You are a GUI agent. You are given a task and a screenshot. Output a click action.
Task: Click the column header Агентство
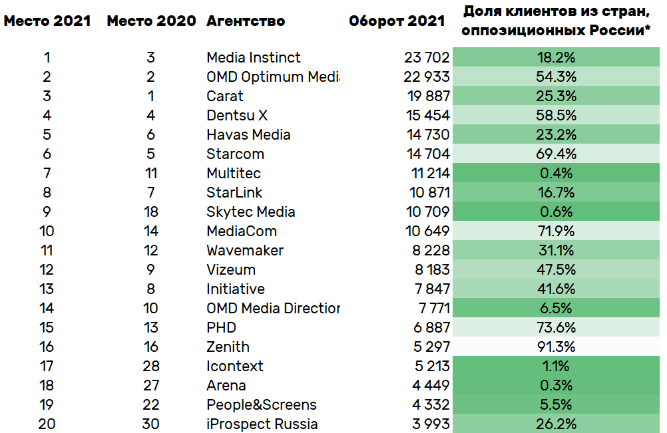246,21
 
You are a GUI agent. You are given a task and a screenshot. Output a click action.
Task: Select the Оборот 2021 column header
397,21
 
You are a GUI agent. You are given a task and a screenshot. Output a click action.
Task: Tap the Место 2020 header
151,21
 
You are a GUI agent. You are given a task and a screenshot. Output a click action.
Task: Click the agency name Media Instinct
254,58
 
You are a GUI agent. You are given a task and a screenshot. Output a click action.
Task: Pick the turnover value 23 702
427,58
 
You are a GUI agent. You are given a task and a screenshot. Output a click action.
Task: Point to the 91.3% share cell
556,347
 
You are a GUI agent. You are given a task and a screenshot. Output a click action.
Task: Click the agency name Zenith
228,347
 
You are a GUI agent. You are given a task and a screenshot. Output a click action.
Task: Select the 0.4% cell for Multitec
556,174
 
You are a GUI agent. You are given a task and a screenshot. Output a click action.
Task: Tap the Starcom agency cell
235,154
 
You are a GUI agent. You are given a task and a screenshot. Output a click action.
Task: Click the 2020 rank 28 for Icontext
151,366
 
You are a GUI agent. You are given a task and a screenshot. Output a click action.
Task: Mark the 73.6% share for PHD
556,328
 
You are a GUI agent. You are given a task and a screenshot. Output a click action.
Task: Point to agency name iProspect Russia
262,424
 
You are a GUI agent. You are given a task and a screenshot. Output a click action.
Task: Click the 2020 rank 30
151,424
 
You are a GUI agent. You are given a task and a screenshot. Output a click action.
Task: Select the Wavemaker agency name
245,251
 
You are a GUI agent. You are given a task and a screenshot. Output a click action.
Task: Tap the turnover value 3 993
430,424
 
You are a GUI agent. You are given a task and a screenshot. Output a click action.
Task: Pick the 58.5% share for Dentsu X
556,116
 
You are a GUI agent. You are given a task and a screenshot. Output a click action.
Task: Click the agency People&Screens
262,405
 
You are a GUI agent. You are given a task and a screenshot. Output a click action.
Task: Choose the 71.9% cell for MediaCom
556,231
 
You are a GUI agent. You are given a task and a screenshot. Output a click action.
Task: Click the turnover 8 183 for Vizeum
430,270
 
